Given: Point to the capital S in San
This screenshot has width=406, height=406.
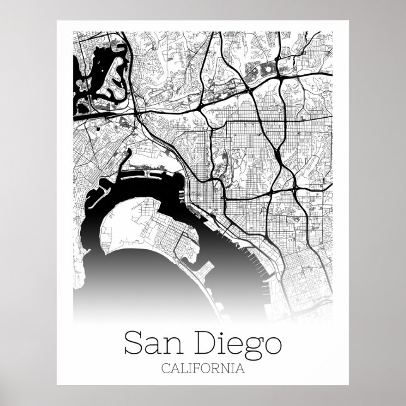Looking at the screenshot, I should click(133, 344).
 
